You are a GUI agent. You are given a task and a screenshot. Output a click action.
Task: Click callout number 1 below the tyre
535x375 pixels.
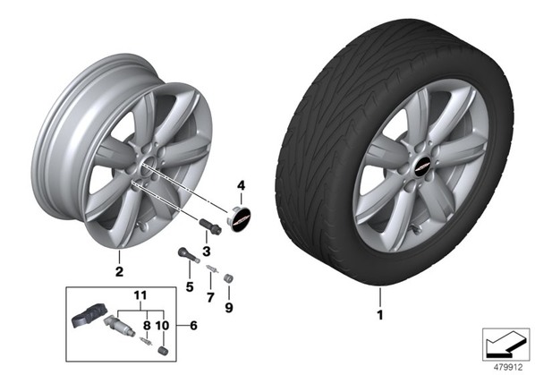[379, 315]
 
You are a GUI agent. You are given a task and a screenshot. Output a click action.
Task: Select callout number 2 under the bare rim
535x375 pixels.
[119, 271]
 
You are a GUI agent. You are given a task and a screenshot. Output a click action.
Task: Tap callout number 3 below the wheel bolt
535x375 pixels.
[207, 251]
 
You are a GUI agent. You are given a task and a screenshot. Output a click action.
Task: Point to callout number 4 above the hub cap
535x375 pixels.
[241, 186]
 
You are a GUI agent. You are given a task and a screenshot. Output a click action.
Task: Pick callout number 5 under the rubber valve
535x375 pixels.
[190, 286]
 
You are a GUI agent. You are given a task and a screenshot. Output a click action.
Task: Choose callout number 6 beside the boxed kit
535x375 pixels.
[193, 326]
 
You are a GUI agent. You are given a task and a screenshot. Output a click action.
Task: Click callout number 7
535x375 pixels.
[210, 297]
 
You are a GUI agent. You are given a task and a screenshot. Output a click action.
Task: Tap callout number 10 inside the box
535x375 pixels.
[163, 326]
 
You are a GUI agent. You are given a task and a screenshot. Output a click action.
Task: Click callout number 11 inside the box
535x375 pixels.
[140, 295]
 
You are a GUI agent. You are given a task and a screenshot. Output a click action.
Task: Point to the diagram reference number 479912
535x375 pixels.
[508, 368]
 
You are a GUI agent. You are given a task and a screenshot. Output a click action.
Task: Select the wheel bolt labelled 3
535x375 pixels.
[210, 226]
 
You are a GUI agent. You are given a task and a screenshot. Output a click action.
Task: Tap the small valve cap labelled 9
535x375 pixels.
[228, 278]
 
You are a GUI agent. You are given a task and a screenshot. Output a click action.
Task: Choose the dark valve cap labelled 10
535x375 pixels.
[164, 351]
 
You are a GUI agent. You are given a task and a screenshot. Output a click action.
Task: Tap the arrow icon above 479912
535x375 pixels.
[505, 344]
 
